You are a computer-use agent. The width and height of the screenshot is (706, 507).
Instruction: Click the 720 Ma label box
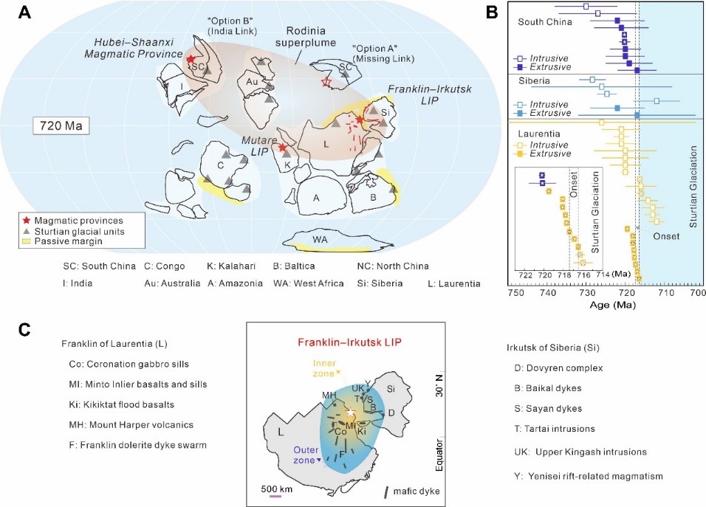coord(61,125)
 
